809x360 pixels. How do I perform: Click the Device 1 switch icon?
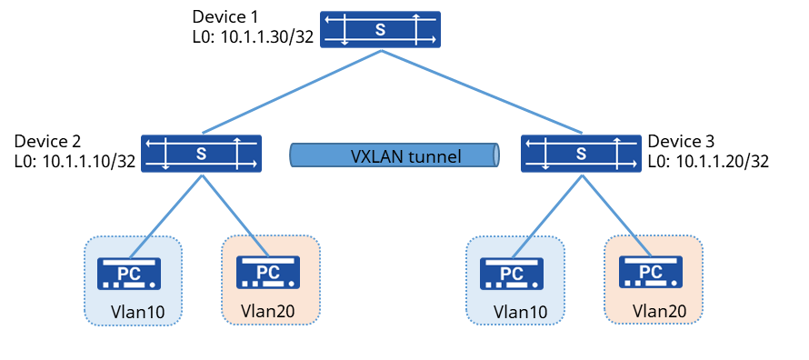380,29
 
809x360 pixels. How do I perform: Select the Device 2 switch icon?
201,153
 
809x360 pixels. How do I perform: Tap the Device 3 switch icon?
582,153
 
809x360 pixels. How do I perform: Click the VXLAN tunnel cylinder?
395,155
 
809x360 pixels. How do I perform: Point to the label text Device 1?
225,16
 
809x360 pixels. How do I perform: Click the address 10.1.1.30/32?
267,37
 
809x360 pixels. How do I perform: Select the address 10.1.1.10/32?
89,162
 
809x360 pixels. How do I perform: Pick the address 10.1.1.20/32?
723,162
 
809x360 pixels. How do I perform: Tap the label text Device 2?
47,141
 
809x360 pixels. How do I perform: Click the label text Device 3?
681,141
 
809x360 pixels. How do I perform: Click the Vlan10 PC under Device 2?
129,274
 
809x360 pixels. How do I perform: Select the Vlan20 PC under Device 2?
268,273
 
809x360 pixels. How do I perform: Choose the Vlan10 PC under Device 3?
512,274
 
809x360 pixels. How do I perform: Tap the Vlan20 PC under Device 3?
650,273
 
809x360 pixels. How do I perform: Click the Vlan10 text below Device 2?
138,313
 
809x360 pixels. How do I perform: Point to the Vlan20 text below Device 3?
659,311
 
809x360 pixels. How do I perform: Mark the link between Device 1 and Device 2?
292,92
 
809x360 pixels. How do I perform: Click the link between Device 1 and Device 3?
483,92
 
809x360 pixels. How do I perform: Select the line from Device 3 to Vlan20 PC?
616,215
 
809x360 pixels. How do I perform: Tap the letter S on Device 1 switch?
380,30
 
